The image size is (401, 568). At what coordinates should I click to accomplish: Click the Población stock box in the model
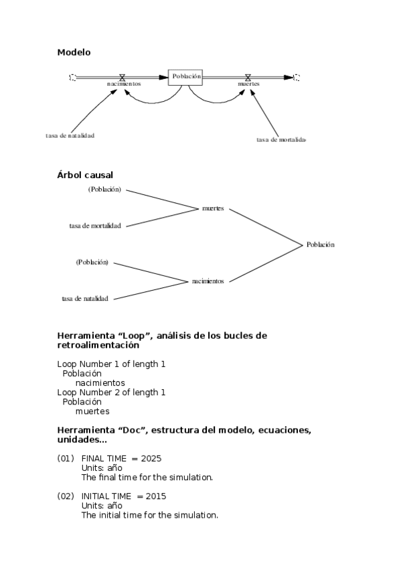[185, 77]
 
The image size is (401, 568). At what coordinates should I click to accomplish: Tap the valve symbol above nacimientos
[122, 77]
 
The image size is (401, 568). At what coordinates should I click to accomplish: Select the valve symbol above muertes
[248, 77]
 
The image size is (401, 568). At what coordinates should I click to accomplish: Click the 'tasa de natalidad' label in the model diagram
[70, 135]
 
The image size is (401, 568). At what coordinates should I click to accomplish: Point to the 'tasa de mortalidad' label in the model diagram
[281, 139]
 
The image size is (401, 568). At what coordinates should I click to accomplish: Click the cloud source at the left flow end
[72, 77]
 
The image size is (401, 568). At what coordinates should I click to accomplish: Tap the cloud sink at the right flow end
[297, 77]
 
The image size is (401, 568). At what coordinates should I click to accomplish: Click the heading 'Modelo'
[74, 52]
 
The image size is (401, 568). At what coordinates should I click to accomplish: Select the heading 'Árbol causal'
[85, 175]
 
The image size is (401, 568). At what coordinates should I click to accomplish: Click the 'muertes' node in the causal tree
[213, 208]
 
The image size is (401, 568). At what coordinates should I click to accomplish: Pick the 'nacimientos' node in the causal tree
[208, 281]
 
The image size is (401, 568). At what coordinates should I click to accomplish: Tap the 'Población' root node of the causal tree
[320, 244]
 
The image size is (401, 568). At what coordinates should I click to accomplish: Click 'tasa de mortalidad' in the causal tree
[95, 226]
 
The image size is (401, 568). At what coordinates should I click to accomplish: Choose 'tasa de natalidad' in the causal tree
[85, 298]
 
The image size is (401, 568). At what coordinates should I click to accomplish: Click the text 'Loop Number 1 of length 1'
[111, 364]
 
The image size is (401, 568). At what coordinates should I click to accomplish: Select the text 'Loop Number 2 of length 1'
[111, 392]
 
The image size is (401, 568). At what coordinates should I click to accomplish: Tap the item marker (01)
[65, 459]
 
